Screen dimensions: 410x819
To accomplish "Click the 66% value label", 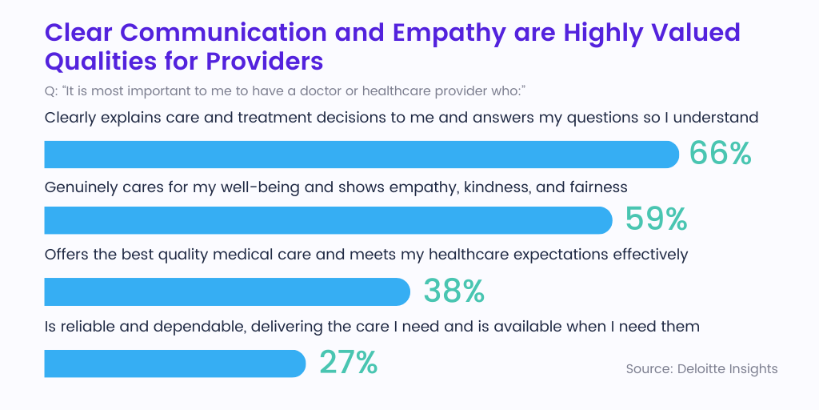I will point(720,154).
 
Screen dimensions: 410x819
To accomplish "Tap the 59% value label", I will point(656,219).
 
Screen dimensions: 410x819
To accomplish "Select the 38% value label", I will point(453,291).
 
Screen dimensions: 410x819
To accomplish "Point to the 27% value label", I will point(348,363).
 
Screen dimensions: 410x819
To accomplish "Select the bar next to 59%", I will point(328,220).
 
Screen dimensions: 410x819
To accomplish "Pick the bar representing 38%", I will point(227,291).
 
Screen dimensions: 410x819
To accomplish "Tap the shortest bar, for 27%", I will point(174,364).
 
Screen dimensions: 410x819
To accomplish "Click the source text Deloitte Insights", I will point(701,368).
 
